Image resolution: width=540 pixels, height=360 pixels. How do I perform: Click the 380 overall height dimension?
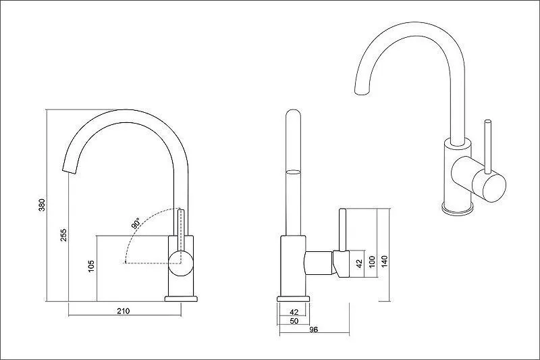pyautogui.click(x=42, y=205)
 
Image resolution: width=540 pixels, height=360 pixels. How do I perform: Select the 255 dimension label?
pyautogui.click(x=63, y=234)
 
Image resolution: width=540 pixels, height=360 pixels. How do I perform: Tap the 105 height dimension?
pyautogui.click(x=91, y=266)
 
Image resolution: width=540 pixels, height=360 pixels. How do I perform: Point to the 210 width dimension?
pyautogui.click(x=124, y=311)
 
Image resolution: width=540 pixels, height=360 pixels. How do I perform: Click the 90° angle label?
pyautogui.click(x=136, y=224)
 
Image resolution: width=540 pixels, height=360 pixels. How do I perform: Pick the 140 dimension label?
pyautogui.click(x=385, y=261)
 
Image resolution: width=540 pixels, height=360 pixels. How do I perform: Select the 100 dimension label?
pyautogui.click(x=372, y=261)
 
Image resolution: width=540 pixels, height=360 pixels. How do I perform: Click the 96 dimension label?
pyautogui.click(x=313, y=330)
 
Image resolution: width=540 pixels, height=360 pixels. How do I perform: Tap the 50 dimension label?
pyautogui.click(x=294, y=321)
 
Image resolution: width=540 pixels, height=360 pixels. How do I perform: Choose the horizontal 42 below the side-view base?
pyautogui.click(x=294, y=312)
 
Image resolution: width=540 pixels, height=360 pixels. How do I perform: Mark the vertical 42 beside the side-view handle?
pyautogui.click(x=359, y=263)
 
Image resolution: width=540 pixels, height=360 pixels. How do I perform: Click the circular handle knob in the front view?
pyautogui.click(x=180, y=263)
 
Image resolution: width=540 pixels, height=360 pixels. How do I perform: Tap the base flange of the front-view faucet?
pyautogui.click(x=181, y=299)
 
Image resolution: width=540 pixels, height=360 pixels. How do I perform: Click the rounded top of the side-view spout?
pyautogui.click(x=293, y=113)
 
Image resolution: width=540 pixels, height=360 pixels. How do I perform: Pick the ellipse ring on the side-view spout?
pyautogui.click(x=293, y=172)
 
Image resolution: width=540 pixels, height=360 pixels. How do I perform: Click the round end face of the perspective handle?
pyautogui.click(x=488, y=187)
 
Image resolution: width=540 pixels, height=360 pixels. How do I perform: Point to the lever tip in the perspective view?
pyautogui.click(x=487, y=122)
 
